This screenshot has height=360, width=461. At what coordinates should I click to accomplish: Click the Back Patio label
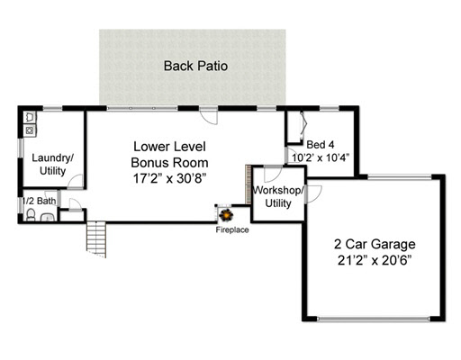[195, 66]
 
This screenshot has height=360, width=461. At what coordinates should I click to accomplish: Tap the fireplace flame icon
[226, 215]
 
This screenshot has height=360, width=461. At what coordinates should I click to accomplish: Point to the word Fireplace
[232, 229]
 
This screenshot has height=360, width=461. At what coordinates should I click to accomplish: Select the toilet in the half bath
[31, 215]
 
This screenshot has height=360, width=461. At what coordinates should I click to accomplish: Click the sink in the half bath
[47, 217]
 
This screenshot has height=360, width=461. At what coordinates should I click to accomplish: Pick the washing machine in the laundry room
[30, 130]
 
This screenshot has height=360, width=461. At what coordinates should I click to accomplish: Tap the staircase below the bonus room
[96, 239]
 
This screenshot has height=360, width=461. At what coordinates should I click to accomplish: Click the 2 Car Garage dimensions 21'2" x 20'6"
[375, 260]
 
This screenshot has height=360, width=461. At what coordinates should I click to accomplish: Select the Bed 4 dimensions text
[321, 157]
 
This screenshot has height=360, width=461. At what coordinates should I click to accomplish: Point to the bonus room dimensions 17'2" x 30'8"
[169, 179]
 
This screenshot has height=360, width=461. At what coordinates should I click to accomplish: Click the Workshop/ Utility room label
[278, 197]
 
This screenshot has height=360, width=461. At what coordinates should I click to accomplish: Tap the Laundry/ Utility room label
[53, 164]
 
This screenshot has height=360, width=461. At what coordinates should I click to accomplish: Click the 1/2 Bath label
[40, 201]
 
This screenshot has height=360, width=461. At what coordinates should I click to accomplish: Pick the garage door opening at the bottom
[374, 319]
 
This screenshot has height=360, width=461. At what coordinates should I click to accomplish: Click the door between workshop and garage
[313, 193]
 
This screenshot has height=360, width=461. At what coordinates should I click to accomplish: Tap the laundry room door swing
[75, 181]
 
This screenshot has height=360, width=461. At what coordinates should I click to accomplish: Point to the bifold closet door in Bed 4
[303, 125]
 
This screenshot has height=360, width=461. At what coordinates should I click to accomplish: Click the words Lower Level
[169, 147]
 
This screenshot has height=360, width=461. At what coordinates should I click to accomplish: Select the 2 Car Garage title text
[375, 244]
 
